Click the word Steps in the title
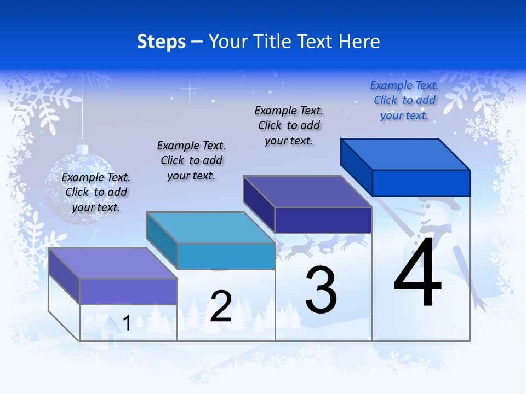pos(161,42)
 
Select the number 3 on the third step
pos(321,289)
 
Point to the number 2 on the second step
pos(221,306)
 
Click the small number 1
pos(127,323)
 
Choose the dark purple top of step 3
pos(308,192)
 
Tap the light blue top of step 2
pos(211,227)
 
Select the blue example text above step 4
pos(404,100)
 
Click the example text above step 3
pos(289,125)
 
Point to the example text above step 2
pos(191,160)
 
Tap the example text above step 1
pos(96,192)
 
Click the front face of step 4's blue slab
pos(421,183)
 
